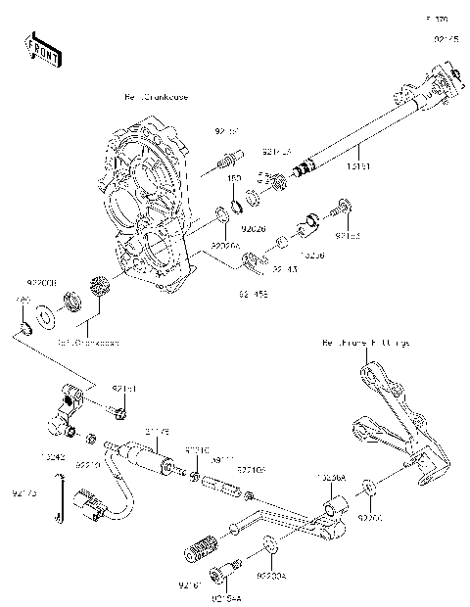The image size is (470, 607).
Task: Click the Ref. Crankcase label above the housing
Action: click(156, 98)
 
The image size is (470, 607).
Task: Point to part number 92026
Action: click(254, 227)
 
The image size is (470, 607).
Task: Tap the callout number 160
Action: click(235, 178)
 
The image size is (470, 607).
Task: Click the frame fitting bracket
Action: click(392, 421)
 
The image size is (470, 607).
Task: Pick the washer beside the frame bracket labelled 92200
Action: click(367, 487)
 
